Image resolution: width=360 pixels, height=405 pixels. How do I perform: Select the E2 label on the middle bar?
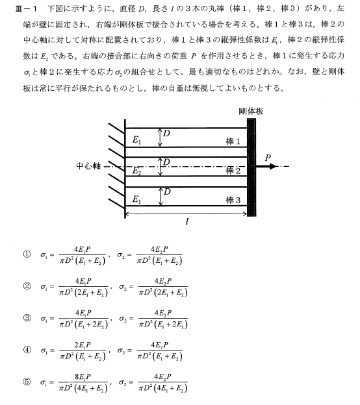pos(136,171)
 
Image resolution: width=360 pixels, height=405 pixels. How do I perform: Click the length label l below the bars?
pos(187,221)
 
